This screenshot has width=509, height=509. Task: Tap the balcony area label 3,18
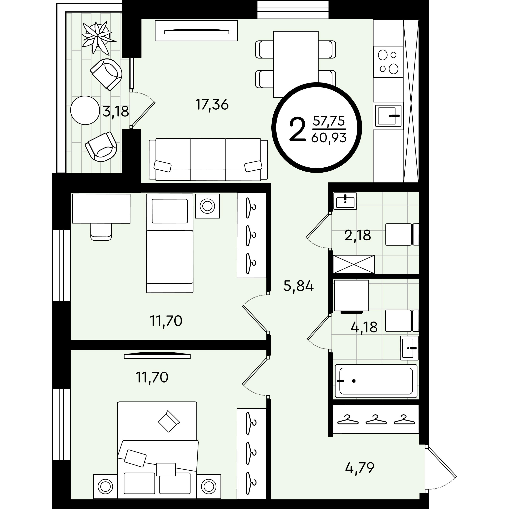(x=116, y=112)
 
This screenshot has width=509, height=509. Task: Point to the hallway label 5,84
(x=298, y=286)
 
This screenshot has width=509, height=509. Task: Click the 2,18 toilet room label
(x=357, y=235)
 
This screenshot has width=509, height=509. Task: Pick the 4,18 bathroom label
(x=364, y=327)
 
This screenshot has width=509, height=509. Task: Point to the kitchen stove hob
(x=388, y=62)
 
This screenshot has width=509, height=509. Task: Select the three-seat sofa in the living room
(x=208, y=160)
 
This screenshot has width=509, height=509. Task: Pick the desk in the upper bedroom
(x=101, y=208)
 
